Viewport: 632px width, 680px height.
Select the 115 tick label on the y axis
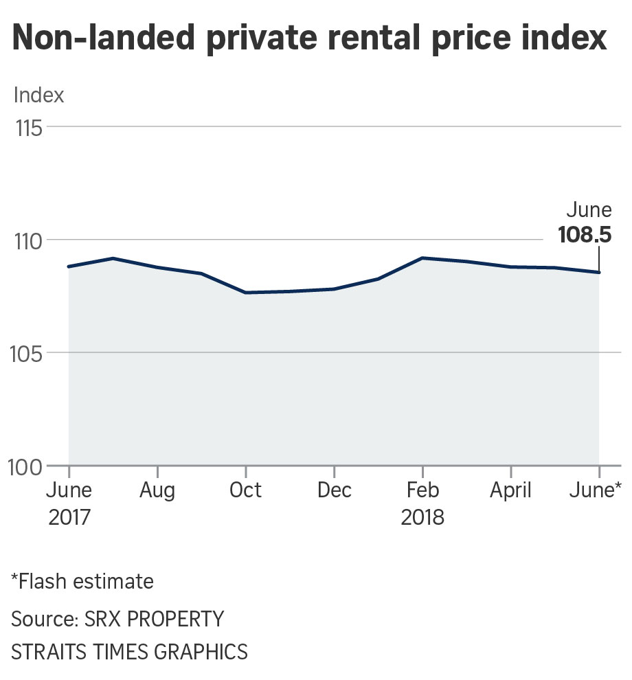tap(28, 128)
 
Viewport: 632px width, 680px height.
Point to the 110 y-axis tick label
tap(28, 241)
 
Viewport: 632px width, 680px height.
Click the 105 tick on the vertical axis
tap(28, 354)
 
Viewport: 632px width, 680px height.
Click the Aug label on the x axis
tap(157, 491)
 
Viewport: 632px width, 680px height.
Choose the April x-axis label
tap(510, 491)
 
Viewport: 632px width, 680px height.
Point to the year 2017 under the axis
tap(69, 517)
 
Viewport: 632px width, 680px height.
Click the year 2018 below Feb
tap(422, 517)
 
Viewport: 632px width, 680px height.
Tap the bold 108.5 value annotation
tap(584, 235)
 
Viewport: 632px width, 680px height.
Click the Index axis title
tap(38, 95)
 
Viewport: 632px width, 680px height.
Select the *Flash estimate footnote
tap(82, 582)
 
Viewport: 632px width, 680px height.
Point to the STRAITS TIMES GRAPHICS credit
tap(129, 650)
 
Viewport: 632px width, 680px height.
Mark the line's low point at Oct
tap(246, 293)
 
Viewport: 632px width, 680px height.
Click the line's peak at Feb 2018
tap(422, 258)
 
